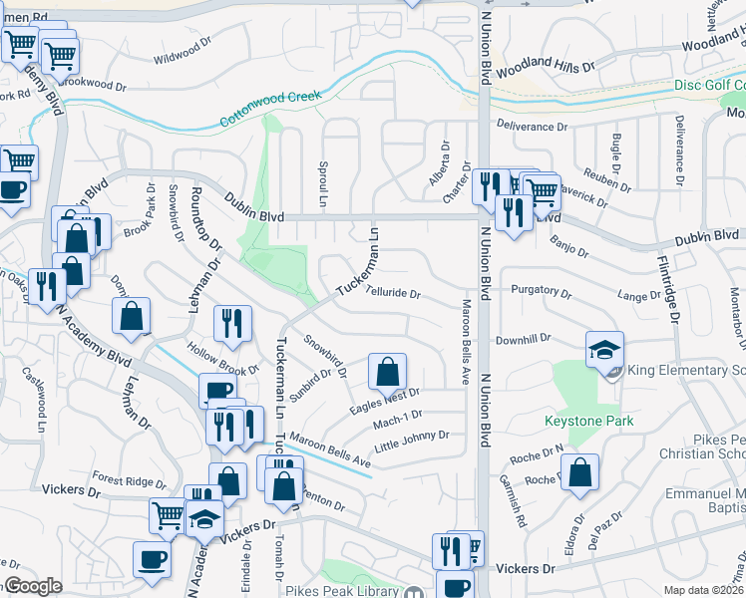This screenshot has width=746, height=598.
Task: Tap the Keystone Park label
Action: [588, 422]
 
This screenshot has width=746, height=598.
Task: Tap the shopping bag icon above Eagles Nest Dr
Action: [387, 374]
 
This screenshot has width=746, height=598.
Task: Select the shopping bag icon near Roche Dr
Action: [579, 474]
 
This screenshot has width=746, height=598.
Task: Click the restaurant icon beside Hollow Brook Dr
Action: [231, 323]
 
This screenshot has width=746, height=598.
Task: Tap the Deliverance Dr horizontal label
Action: [533, 127]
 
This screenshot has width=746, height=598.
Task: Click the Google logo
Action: [32, 586]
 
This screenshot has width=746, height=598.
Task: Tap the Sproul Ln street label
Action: [322, 178]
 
